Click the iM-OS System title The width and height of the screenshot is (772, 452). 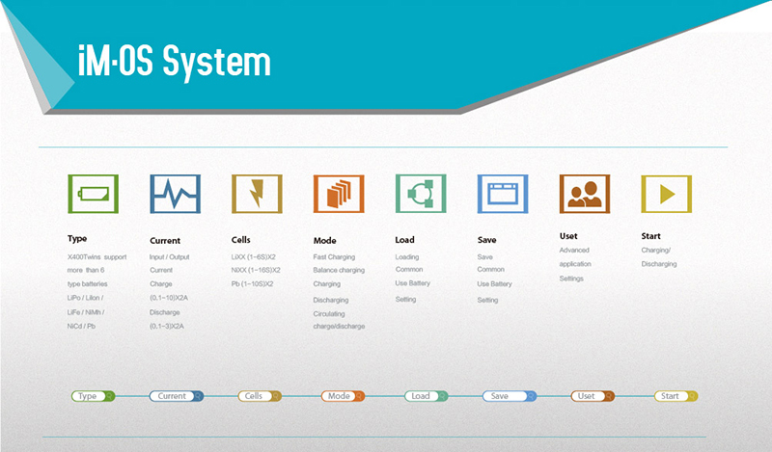pyautogui.click(x=175, y=62)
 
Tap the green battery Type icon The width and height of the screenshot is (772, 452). pyautogui.click(x=93, y=194)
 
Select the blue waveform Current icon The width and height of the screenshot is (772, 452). pyautogui.click(x=176, y=194)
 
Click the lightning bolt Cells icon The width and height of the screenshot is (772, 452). pyautogui.click(x=257, y=194)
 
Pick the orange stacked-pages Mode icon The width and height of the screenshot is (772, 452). pyautogui.click(x=339, y=194)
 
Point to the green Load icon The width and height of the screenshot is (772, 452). pyautogui.click(x=421, y=194)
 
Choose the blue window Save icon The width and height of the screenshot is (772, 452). pyautogui.click(x=503, y=194)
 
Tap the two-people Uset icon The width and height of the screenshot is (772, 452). pyautogui.click(x=585, y=194)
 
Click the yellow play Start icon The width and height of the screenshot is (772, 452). pyautogui.click(x=667, y=194)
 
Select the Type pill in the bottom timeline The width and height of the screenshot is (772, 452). pyautogui.click(x=93, y=396)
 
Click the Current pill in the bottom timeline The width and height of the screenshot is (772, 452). pyautogui.click(x=177, y=396)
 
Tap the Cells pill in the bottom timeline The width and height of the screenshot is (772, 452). pyautogui.click(x=260, y=396)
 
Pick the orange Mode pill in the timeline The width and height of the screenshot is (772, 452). pyautogui.click(x=343, y=396)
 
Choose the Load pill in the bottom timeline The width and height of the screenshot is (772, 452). pyautogui.click(x=426, y=396)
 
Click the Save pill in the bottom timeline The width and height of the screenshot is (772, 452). pyautogui.click(x=510, y=396)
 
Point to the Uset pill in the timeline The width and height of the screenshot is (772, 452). pyautogui.click(x=593, y=396)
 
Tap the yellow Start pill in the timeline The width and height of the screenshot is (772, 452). pyautogui.click(x=675, y=396)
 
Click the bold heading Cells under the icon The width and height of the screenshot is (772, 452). pyautogui.click(x=240, y=240)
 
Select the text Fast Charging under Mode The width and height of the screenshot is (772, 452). pyautogui.click(x=334, y=256)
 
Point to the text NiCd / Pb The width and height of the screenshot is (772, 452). pyautogui.click(x=81, y=326)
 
